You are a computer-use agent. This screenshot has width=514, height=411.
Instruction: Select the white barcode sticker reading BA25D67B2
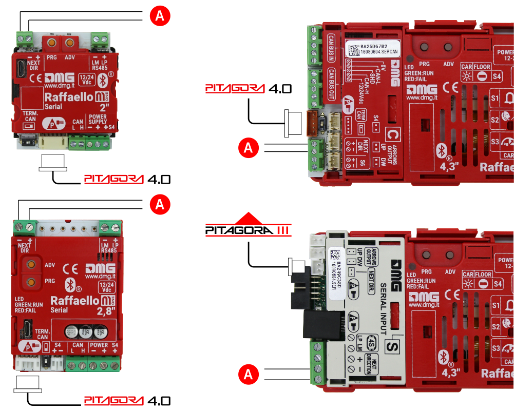372,49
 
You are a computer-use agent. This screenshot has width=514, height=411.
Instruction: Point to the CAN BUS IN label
332,47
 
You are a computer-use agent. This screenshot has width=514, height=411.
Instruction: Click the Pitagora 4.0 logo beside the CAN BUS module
249,88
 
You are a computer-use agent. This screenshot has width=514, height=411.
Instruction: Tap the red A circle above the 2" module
160,16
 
